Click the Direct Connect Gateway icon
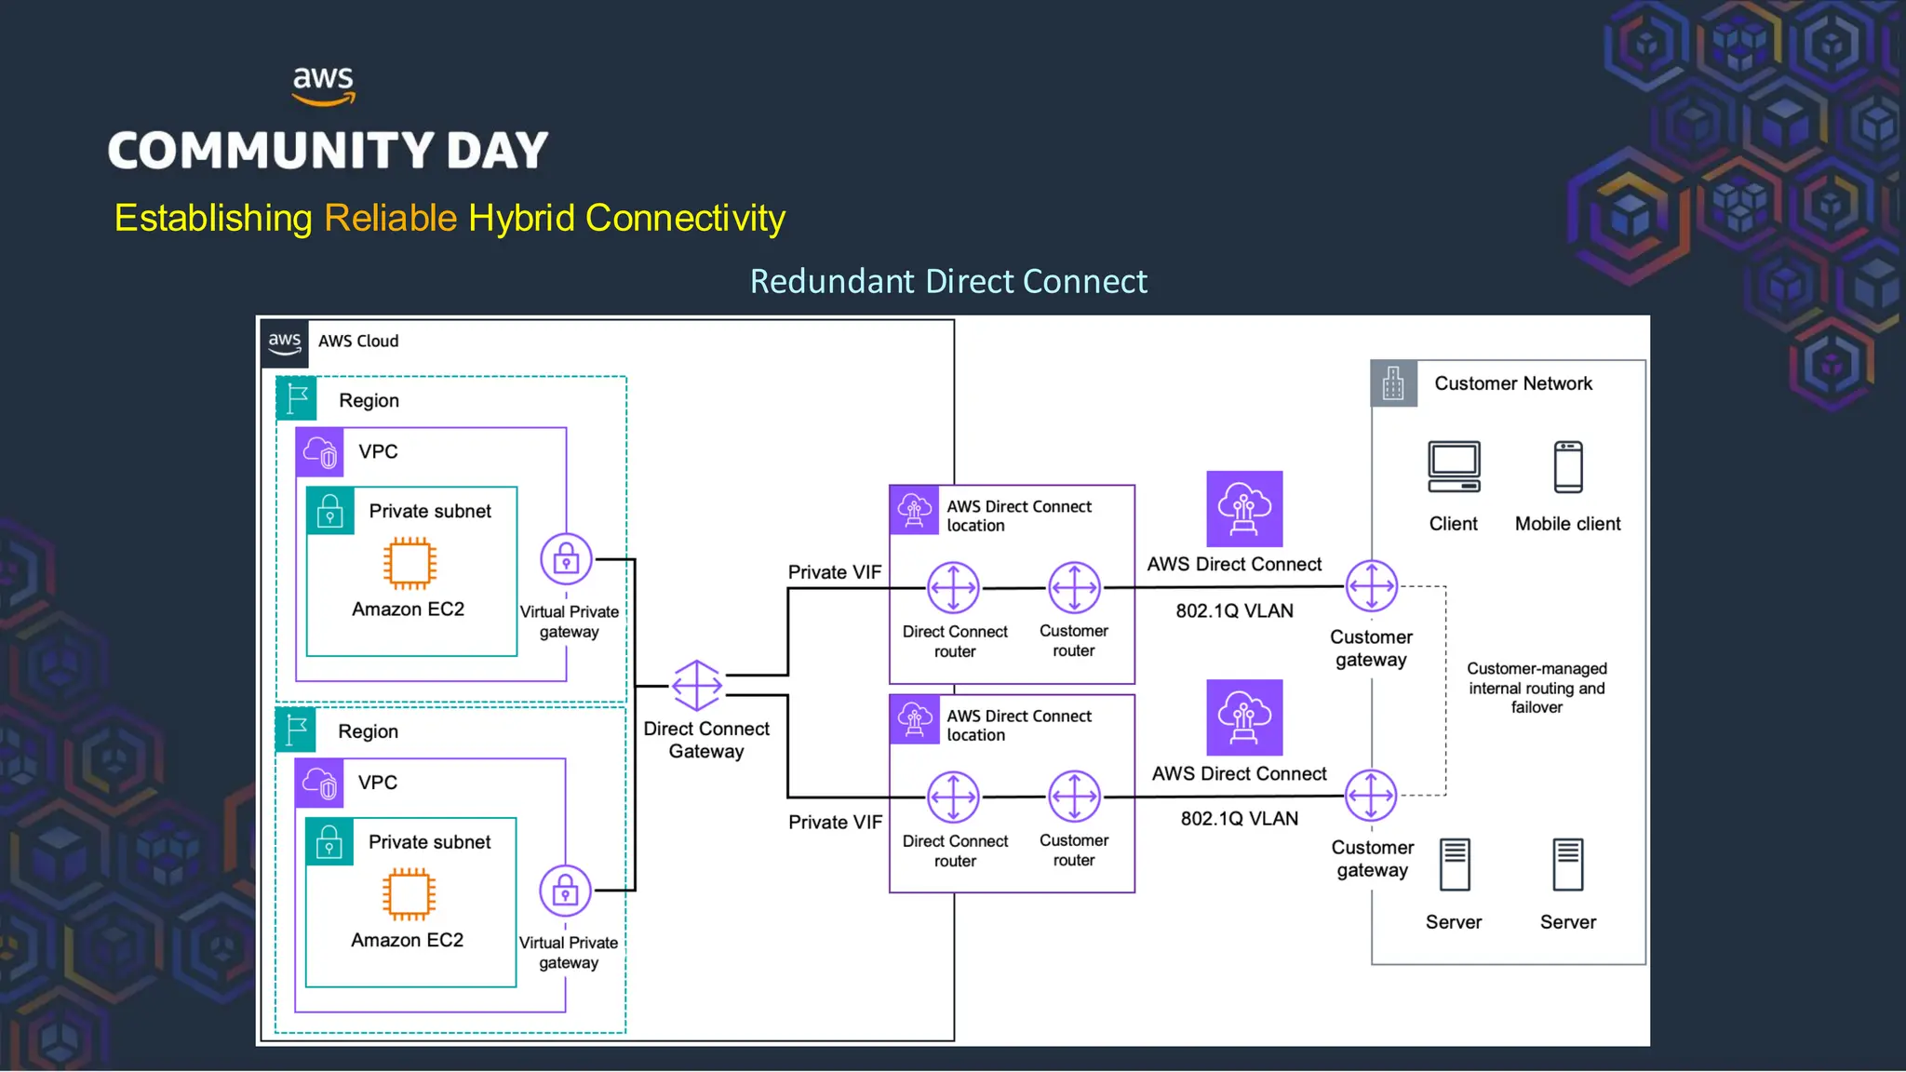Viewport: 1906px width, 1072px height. [696, 686]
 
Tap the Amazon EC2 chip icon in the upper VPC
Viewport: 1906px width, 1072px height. [409, 563]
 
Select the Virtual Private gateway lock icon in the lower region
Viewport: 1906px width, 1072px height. [565, 891]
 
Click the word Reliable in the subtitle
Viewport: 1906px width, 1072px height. [390, 219]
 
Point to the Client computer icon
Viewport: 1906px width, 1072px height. [1454, 467]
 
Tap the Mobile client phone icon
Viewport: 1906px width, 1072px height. [1568, 467]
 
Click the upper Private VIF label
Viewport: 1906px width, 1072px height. [834, 572]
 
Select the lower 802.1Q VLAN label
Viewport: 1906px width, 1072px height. [1239, 819]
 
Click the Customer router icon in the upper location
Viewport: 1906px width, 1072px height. [1074, 587]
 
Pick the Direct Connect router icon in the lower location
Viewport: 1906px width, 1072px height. [953, 797]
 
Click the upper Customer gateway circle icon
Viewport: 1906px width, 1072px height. [1371, 586]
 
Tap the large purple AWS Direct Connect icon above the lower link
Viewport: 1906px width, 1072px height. [1244, 717]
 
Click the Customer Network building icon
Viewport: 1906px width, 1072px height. [1393, 383]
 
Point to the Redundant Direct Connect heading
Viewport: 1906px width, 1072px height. [948, 281]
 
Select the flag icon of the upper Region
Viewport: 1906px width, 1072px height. [297, 398]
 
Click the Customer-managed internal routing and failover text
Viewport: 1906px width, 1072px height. [1537, 688]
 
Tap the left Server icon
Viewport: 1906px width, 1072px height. [1454, 864]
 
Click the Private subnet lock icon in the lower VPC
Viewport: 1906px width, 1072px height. [329, 842]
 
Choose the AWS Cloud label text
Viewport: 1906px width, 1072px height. [358, 342]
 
